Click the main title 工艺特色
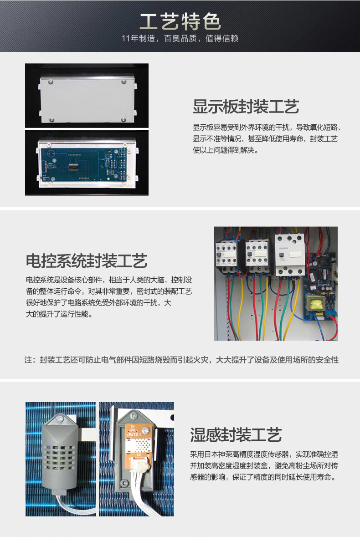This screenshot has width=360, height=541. coord(180,22)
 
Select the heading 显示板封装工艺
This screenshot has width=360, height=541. coord(246,106)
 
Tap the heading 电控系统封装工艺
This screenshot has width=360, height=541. coord(87,261)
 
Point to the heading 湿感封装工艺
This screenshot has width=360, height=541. coord(236,435)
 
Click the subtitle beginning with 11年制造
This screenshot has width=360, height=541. coord(180,38)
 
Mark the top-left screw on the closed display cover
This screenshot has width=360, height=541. coord(51,82)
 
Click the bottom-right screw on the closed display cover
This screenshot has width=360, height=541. coord(123,120)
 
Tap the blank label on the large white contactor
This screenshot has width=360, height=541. coord(295,255)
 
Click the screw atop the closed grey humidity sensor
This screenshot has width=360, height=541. coord(61,419)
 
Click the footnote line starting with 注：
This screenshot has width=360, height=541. coord(181,360)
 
